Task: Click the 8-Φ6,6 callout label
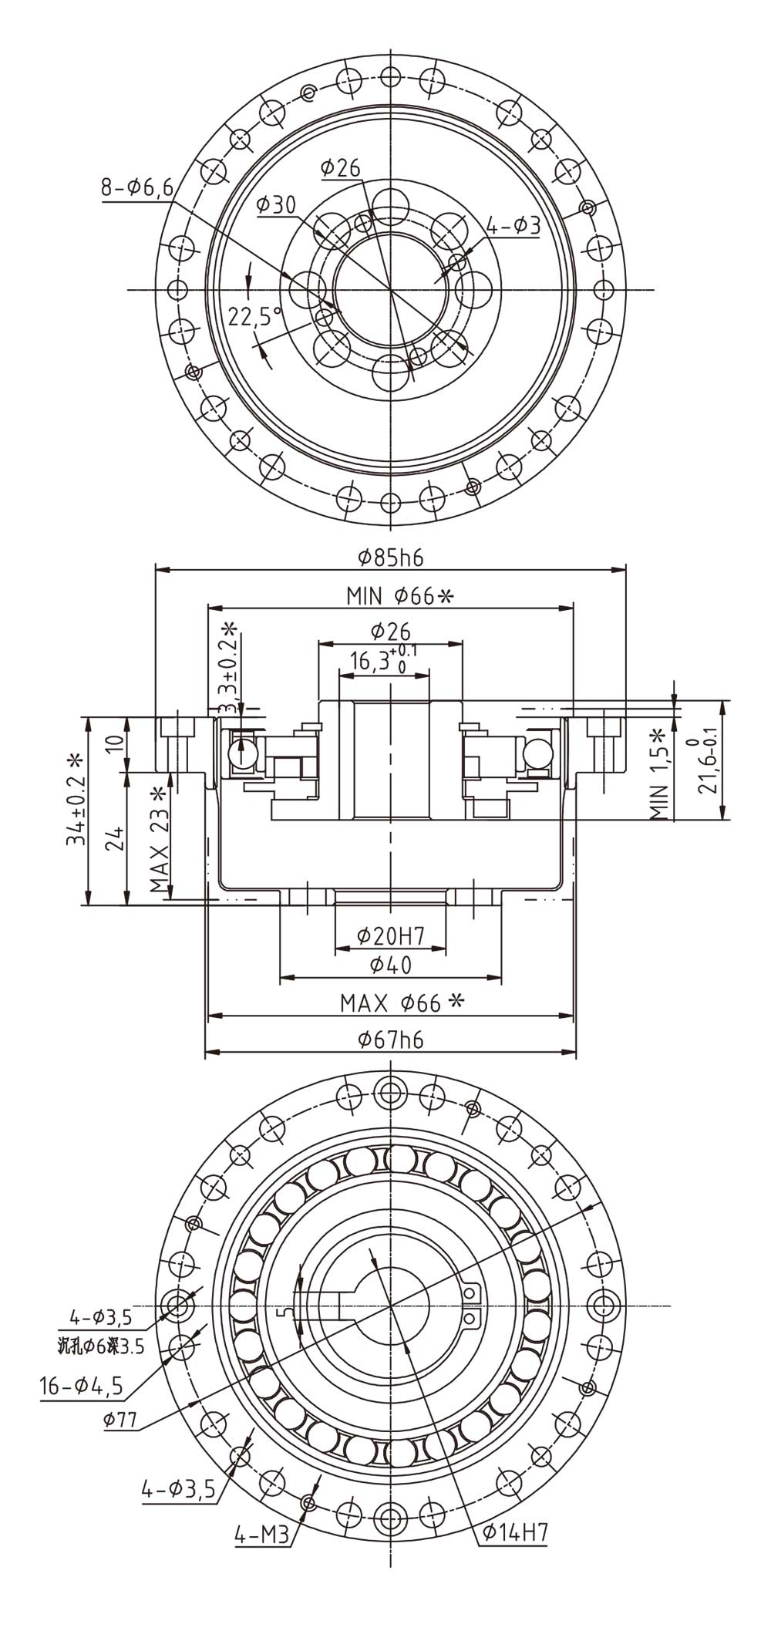136,188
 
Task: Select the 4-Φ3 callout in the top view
513,225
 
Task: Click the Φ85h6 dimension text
391,558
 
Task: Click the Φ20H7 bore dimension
391,936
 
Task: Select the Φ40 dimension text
391,965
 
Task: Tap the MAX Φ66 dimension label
402,1003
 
